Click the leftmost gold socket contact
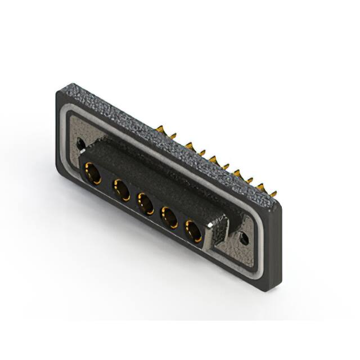pyautogui.click(x=91, y=173)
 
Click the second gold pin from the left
pyautogui.click(x=173, y=136)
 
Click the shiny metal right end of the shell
pyautogui.click(x=218, y=234)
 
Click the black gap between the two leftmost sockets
pyautogui.click(x=106, y=182)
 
